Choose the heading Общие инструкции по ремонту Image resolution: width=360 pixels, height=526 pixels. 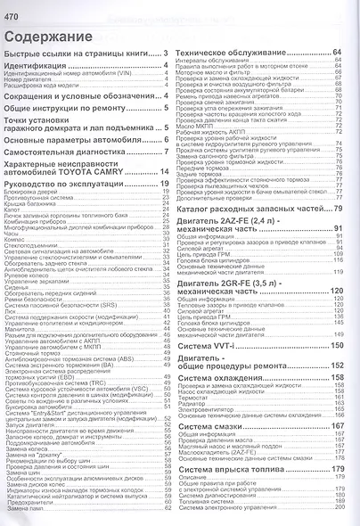click(76, 107)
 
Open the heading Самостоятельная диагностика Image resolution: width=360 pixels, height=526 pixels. click(72, 153)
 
